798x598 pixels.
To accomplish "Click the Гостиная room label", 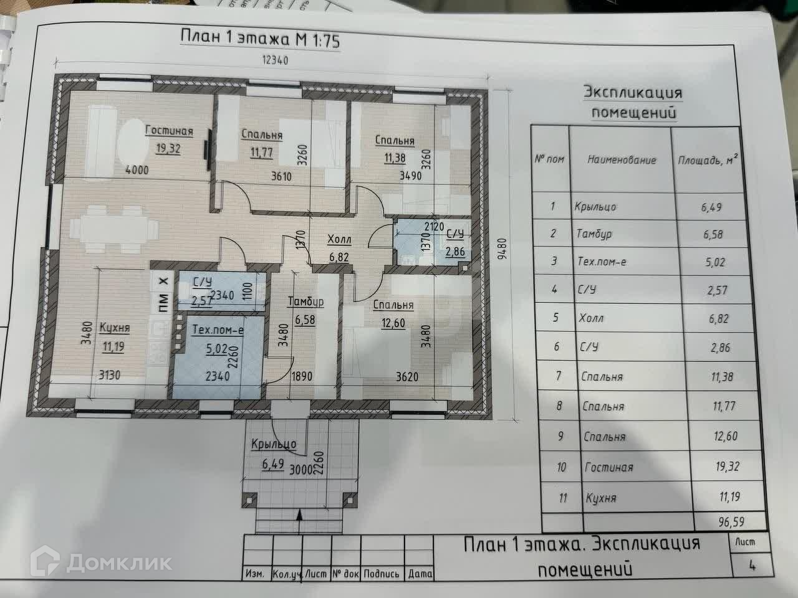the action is point(169,131).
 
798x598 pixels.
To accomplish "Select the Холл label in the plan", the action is point(340,239).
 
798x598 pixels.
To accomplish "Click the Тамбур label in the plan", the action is point(305,302).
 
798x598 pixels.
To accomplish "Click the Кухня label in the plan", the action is point(114,328).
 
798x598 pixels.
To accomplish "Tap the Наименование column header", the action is point(622,159).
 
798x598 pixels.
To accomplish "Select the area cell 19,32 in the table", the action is point(723,466).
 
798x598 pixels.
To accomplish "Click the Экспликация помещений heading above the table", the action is point(633,103).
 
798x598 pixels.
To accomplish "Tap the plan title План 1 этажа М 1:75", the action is point(259,37).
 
